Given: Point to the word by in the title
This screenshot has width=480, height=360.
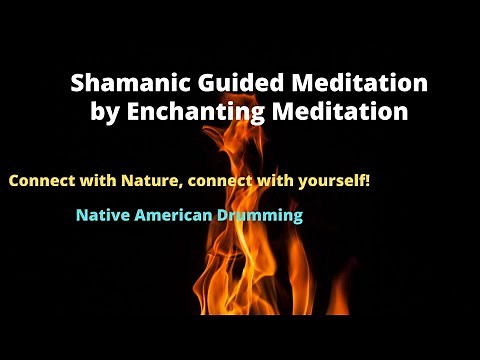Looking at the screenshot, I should (x=105, y=112).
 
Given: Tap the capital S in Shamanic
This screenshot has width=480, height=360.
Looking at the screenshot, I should (x=77, y=83).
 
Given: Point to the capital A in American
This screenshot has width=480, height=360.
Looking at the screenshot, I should (x=135, y=215).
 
